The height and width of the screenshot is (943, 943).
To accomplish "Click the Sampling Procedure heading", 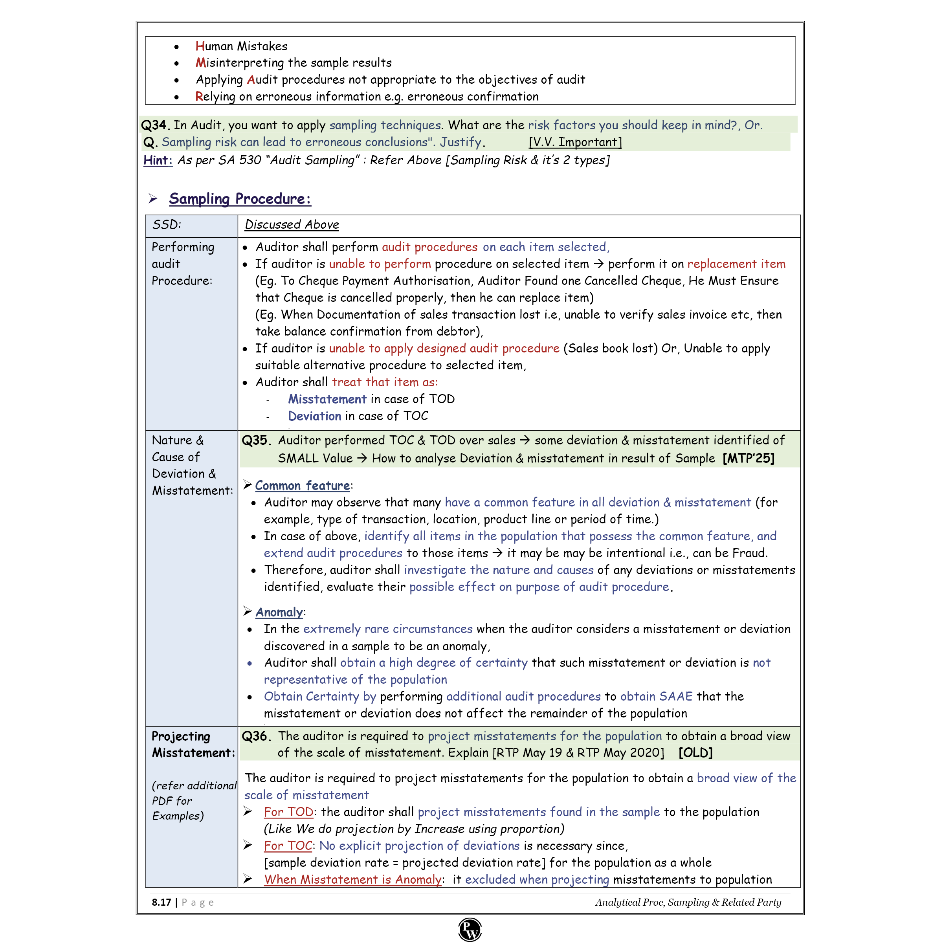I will pyautogui.click(x=240, y=199).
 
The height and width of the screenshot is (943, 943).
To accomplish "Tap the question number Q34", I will pyautogui.click(x=155, y=125).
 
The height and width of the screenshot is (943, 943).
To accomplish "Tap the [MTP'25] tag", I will pyautogui.click(x=748, y=458).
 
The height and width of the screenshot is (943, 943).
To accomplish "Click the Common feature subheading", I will pyautogui.click(x=302, y=486).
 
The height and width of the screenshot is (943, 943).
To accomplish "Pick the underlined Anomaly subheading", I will pyautogui.click(x=279, y=612).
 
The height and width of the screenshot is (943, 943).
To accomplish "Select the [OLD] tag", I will pyautogui.click(x=695, y=753).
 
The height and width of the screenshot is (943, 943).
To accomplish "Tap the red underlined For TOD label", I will pyautogui.click(x=288, y=812).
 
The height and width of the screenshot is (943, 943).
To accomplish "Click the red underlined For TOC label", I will pyautogui.click(x=288, y=846).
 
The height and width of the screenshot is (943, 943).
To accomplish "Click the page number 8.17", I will pyautogui.click(x=161, y=902).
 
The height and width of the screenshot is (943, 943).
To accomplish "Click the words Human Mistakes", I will pyautogui.click(x=241, y=46).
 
